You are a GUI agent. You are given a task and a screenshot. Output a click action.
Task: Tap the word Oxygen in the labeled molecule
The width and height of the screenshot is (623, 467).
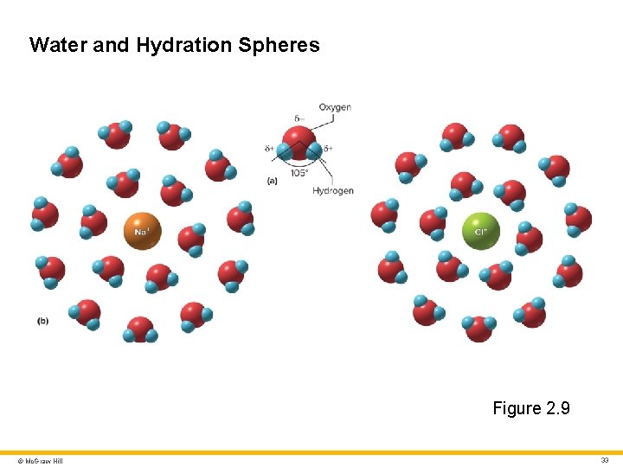(335, 107)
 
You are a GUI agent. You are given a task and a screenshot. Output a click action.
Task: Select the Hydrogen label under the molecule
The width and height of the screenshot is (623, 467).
(333, 190)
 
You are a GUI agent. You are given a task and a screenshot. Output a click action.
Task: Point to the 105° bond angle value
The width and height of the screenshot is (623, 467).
(299, 172)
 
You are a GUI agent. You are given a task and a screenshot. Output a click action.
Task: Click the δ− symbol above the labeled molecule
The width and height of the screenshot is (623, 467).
(299, 118)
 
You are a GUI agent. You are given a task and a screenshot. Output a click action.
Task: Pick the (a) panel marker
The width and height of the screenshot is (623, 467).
(273, 182)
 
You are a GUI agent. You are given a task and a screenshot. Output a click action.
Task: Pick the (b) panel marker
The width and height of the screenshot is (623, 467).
(42, 321)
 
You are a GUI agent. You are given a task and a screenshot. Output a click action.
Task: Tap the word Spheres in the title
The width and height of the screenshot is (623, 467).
(279, 45)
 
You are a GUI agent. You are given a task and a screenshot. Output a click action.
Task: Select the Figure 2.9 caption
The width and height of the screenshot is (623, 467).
(531, 408)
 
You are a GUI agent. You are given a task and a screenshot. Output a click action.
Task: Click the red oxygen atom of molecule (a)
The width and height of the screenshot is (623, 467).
(299, 138)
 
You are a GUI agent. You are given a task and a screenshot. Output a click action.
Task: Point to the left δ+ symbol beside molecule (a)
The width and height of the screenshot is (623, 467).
(270, 149)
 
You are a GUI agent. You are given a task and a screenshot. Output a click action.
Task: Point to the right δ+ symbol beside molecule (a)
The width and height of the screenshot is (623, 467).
(328, 149)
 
